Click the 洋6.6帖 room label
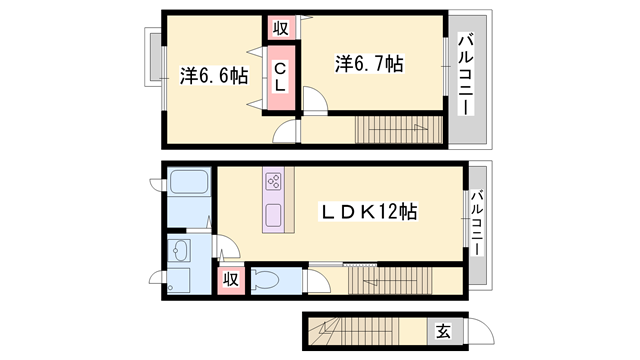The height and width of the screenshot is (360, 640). [x=214, y=76]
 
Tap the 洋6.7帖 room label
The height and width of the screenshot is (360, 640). [x=369, y=64]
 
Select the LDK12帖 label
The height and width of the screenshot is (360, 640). [x=368, y=212]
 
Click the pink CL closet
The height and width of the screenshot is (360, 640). [x=281, y=78]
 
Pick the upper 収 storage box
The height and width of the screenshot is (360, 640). [x=281, y=28]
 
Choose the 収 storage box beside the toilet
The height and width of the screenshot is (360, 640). [x=231, y=280]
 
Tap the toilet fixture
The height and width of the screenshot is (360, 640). [x=265, y=280]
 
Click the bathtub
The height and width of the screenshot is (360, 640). [x=189, y=182]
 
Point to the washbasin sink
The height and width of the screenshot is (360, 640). [x=179, y=250]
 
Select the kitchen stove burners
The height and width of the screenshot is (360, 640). [x=273, y=182]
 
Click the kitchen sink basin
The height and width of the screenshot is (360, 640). [x=273, y=216]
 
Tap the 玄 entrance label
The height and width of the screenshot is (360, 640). [x=443, y=331]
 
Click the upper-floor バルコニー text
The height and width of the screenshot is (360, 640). [x=466, y=75]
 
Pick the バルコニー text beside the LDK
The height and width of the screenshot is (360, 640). [x=476, y=222]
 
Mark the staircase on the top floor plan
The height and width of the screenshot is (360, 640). [x=399, y=130]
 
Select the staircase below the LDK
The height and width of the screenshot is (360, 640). [x=390, y=280]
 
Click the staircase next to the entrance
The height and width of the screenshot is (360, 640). [x=353, y=331]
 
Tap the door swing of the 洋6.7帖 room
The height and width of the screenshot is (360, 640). [x=315, y=100]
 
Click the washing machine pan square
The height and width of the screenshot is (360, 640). [x=179, y=280]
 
